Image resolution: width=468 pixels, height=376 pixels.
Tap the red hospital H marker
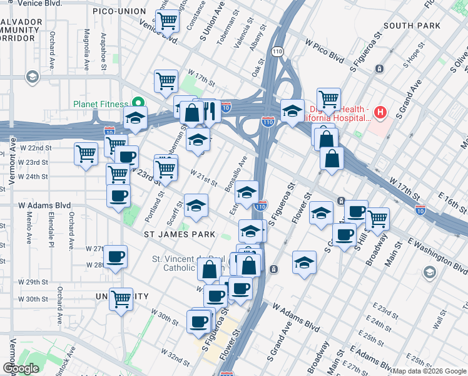coord(379,113)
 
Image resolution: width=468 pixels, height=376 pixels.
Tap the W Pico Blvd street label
coord(325,50)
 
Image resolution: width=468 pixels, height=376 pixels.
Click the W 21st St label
coord(203,179)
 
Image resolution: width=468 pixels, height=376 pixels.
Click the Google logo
coord(21,368)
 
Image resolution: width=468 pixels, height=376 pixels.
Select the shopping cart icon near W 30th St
coord(121,299)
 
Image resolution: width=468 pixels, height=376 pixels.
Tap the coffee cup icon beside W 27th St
coord(116,256)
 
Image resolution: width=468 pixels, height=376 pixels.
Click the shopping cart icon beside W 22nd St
coord(86,154)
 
